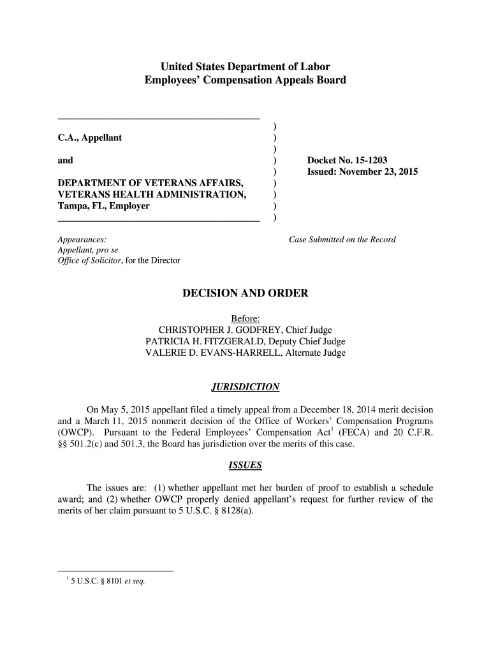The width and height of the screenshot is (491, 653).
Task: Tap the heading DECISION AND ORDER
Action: [x=246, y=293]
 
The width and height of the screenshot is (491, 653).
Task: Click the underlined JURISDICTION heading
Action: [x=245, y=387]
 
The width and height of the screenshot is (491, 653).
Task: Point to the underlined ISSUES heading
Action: [x=245, y=466]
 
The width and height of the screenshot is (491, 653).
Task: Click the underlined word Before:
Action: [x=246, y=318]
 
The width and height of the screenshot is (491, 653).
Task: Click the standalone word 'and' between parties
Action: [x=65, y=161]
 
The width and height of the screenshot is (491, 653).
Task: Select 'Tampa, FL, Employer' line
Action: [x=104, y=207]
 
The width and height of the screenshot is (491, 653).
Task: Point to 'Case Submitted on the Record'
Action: [x=342, y=240]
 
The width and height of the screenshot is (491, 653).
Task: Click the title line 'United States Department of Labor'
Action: [x=246, y=66]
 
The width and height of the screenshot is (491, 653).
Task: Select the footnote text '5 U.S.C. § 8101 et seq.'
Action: [x=107, y=581]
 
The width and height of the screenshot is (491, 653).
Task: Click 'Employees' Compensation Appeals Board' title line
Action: [x=246, y=80]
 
